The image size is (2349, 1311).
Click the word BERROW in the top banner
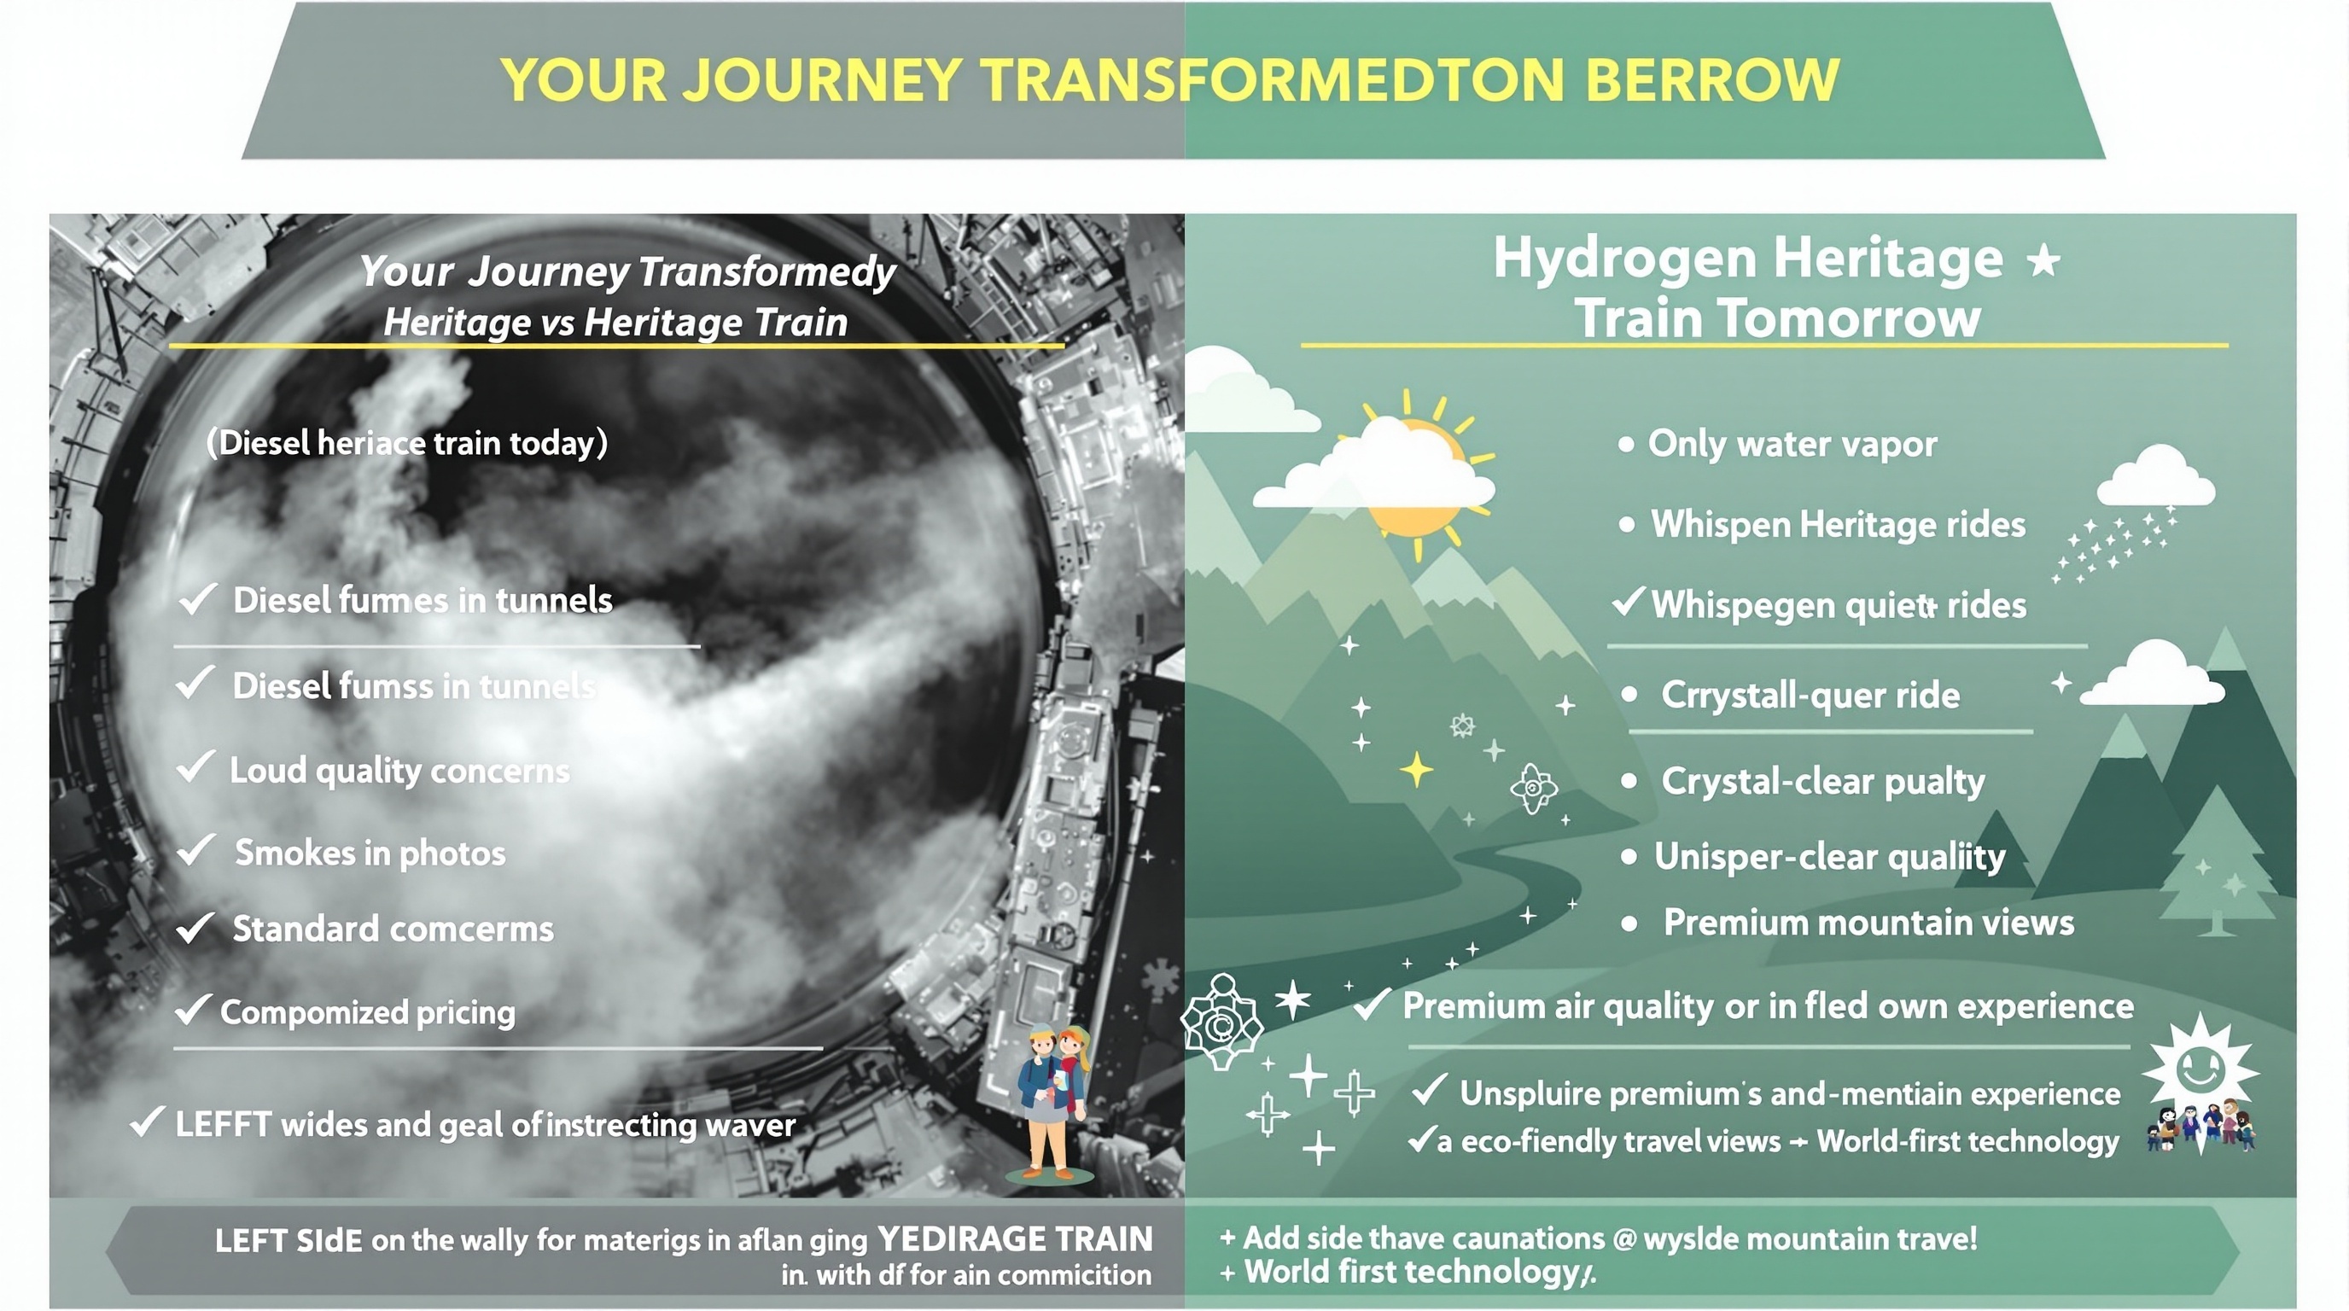click(1711, 80)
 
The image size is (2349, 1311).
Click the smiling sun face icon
click(2200, 1068)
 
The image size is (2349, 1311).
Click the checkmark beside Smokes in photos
click(195, 852)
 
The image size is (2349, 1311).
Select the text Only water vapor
click(1792, 444)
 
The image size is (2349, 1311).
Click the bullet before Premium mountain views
click(1629, 924)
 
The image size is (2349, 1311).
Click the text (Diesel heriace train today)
click(406, 443)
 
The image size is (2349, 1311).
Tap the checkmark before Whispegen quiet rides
click(1628, 602)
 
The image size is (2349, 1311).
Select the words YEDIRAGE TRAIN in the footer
click(1014, 1239)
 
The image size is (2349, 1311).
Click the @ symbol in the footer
click(1623, 1239)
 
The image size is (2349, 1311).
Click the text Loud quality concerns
click(399, 772)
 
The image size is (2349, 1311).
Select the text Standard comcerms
click(393, 929)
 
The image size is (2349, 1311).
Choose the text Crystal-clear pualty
click(1823, 781)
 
